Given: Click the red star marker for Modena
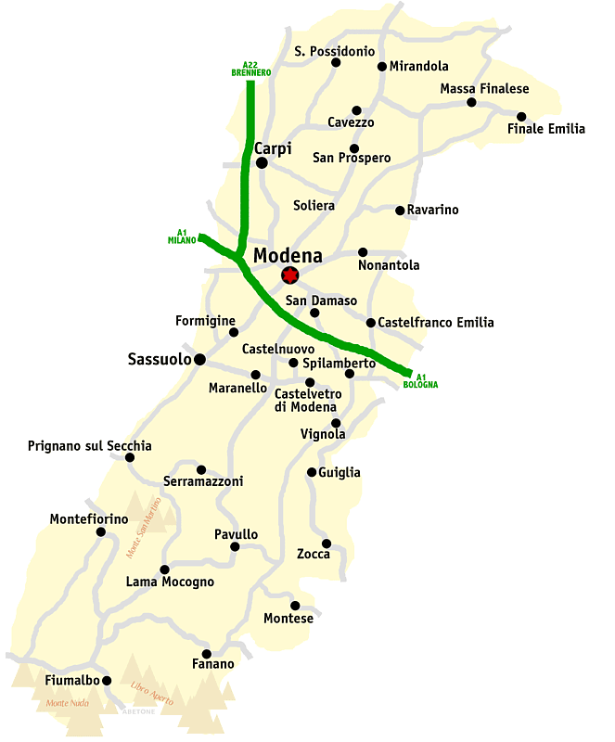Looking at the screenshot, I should (x=290, y=275).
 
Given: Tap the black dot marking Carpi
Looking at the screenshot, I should (x=262, y=162).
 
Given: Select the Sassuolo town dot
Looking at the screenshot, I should (x=199, y=359).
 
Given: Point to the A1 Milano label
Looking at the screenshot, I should (x=182, y=236).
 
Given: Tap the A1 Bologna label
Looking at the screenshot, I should (x=420, y=380).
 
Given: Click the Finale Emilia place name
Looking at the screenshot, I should (x=546, y=129).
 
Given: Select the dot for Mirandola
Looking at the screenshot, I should (x=381, y=66).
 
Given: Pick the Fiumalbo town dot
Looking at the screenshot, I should (x=107, y=680).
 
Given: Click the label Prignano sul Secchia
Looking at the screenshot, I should (x=89, y=446).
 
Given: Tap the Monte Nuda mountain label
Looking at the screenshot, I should (x=68, y=703).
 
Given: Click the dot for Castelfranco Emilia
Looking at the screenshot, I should (x=371, y=323).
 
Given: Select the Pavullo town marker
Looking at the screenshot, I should (x=235, y=546).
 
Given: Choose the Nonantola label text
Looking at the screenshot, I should (x=389, y=265).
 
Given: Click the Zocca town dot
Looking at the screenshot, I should (x=327, y=544).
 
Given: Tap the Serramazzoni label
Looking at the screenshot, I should (x=203, y=481).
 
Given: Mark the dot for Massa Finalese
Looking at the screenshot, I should (x=471, y=102).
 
